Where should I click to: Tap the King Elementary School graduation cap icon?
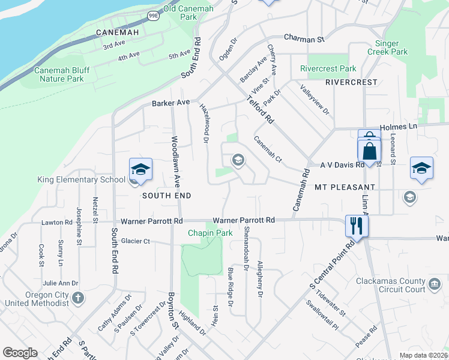[x=140, y=170]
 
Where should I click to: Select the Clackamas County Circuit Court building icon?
[x=433, y=283]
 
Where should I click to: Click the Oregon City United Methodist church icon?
[x=77, y=298]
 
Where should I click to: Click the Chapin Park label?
[x=209, y=233]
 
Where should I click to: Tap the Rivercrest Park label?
[x=328, y=69]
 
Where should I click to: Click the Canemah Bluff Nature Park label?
[x=62, y=74]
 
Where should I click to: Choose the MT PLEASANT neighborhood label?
[x=345, y=188]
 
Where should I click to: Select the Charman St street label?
[x=304, y=39]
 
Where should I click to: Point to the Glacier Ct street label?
[x=135, y=241]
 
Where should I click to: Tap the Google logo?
[x=20, y=353]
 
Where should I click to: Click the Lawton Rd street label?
[x=56, y=223]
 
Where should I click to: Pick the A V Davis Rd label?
[x=342, y=164]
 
